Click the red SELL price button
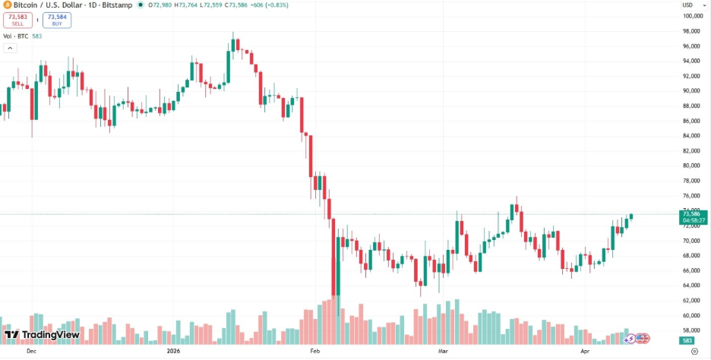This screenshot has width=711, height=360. (17, 20)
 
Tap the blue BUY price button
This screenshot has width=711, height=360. (56, 20)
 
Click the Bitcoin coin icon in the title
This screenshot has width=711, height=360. (7, 5)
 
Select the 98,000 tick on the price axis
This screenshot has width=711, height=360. (690, 31)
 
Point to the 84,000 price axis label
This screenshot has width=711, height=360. (690, 136)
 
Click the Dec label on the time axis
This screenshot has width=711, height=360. (31, 352)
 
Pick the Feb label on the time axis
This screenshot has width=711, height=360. (315, 352)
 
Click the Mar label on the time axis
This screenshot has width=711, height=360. (443, 352)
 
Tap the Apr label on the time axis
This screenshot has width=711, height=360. (585, 352)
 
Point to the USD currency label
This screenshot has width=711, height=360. (687, 5)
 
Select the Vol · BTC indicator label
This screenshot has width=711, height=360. (16, 36)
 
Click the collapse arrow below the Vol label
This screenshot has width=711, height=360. (10, 48)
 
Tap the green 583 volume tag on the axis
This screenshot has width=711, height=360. (687, 341)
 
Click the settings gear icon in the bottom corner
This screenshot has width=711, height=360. (694, 352)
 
